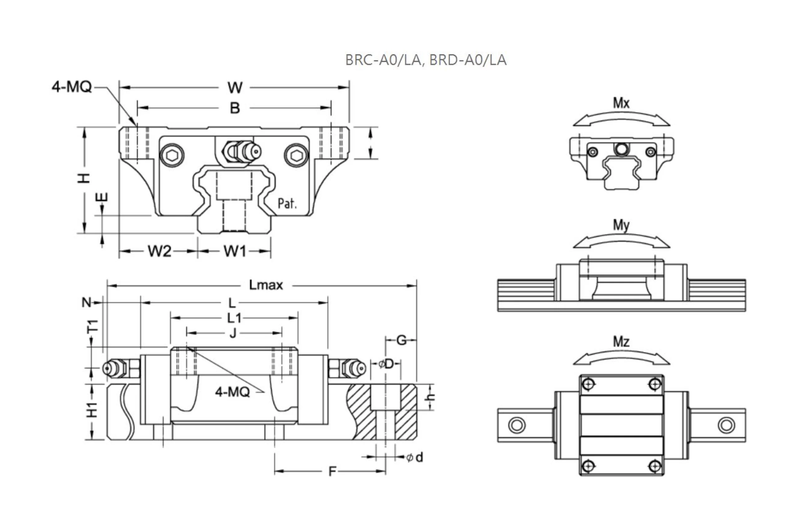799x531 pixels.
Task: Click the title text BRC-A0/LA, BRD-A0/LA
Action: click(426, 60)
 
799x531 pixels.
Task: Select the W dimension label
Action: click(235, 88)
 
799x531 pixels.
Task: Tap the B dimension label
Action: click(235, 108)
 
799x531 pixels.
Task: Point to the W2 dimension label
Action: click(159, 251)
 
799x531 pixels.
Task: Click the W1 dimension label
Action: click(235, 251)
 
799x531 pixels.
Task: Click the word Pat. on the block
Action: click(287, 204)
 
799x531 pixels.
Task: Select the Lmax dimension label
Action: click(266, 285)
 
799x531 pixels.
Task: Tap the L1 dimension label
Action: click(234, 318)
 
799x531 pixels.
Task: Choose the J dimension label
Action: click(233, 334)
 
